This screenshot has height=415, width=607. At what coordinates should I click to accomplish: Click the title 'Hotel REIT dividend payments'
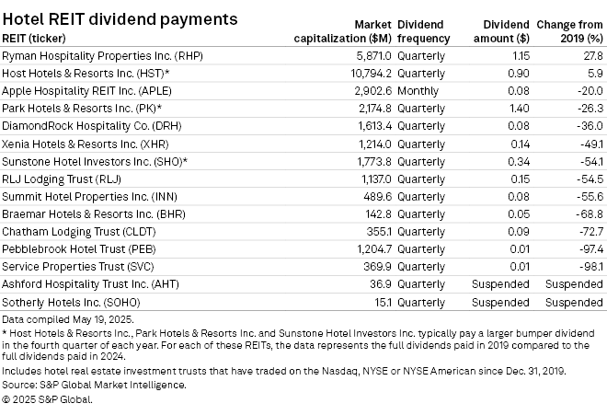coord(120,18)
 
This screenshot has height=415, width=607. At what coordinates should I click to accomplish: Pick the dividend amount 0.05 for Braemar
coord(520,213)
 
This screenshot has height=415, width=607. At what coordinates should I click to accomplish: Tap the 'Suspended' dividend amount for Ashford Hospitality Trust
coord(500,284)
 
